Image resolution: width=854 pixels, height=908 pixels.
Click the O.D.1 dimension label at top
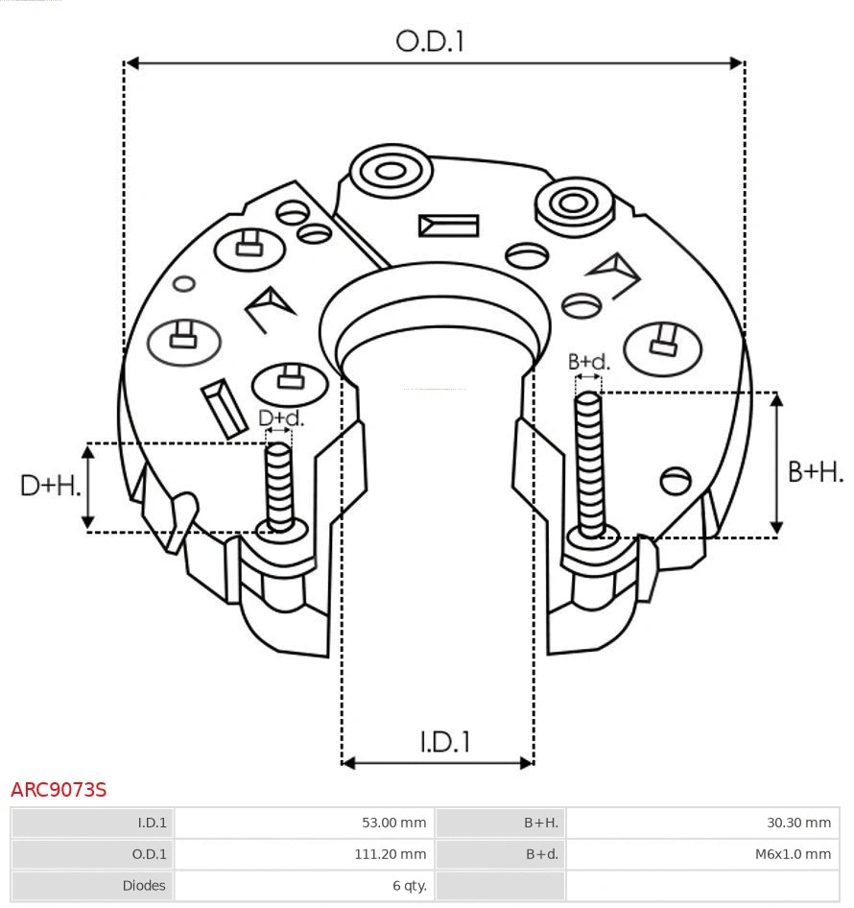tap(430, 41)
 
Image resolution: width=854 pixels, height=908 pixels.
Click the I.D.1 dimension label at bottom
tap(444, 742)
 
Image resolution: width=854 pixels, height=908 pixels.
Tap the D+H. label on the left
tap(50, 486)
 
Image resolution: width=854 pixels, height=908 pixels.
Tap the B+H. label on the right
tap(816, 471)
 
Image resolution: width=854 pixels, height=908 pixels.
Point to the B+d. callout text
tap(588, 362)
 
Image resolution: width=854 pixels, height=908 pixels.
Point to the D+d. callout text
tap(280, 418)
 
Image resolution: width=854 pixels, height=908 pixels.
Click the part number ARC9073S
tap(59, 790)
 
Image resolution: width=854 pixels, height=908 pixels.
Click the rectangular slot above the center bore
tap(448, 226)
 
